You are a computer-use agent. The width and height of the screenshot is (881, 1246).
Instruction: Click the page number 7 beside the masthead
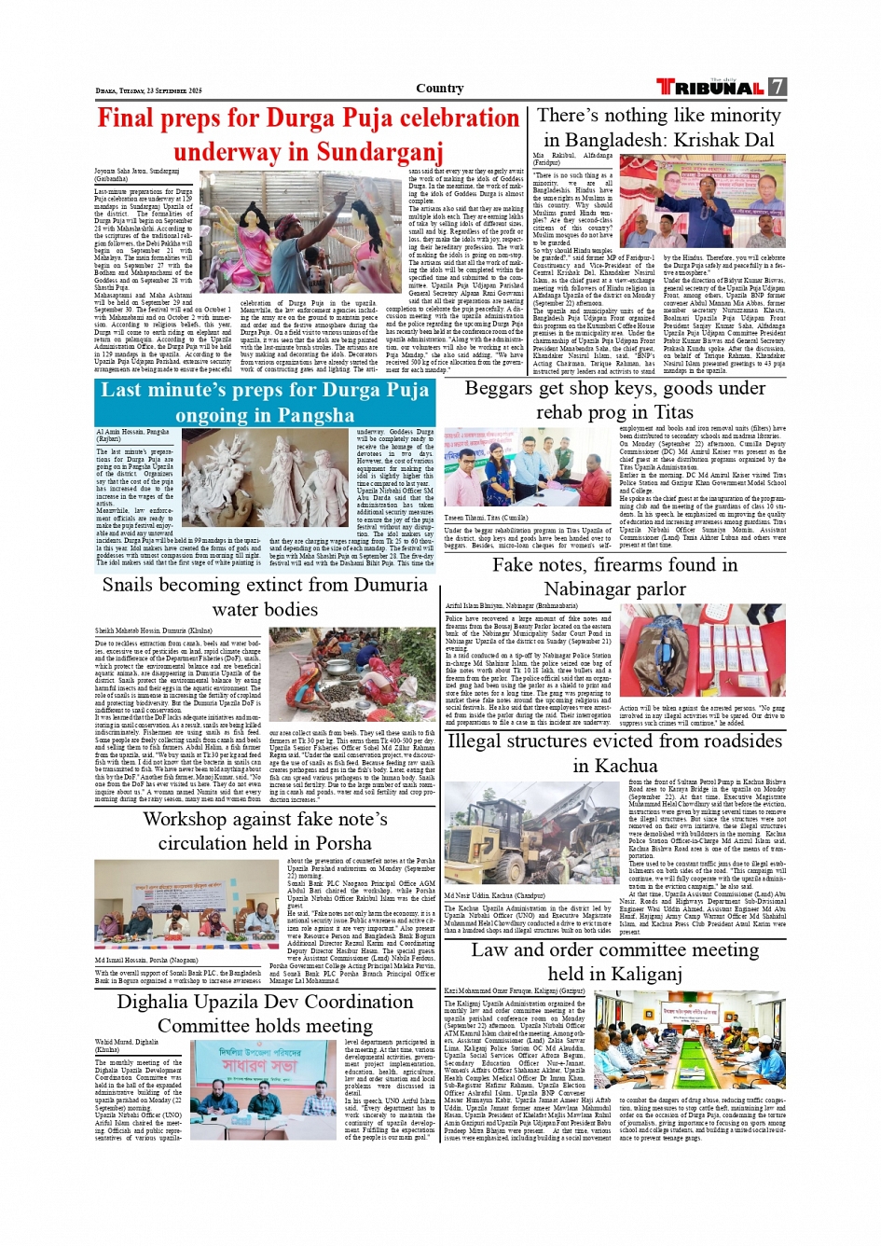(x=778, y=87)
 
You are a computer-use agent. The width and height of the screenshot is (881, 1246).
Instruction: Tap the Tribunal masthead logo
(x=710, y=88)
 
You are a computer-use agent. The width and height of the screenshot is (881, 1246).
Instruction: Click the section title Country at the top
(x=440, y=89)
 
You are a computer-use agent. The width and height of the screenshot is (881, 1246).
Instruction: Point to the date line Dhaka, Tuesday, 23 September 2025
(x=148, y=90)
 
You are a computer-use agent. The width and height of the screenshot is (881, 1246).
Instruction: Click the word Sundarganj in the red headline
(x=377, y=151)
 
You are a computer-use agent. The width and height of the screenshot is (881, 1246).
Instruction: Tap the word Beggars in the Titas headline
(x=499, y=388)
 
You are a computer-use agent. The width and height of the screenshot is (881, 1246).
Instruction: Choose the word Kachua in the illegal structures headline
(x=626, y=766)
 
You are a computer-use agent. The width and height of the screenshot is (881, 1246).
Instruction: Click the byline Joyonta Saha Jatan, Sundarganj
(x=136, y=172)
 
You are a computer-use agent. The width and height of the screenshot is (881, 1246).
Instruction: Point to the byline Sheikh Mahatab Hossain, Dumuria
(x=153, y=631)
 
